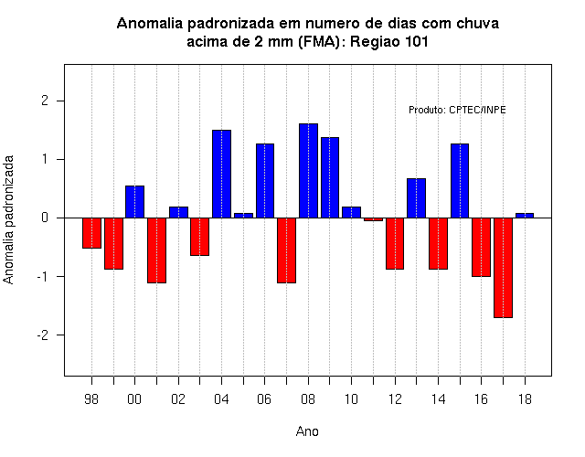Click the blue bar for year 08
tap(308, 171)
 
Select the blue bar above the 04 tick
tap(221, 174)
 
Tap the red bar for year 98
tap(91, 233)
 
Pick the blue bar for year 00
tap(134, 202)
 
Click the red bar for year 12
tap(395, 243)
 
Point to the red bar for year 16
tap(482, 247)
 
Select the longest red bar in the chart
tap(503, 268)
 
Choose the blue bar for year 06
tap(265, 181)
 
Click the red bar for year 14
tap(438, 243)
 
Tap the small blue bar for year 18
tap(525, 216)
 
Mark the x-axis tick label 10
tap(351, 399)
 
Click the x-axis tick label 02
tap(178, 399)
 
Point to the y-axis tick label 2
tap(45, 101)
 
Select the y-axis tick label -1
tap(43, 276)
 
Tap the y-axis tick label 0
tap(45, 218)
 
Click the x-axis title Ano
tap(307, 431)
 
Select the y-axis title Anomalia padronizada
tap(8, 219)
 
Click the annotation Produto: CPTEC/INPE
tap(457, 110)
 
